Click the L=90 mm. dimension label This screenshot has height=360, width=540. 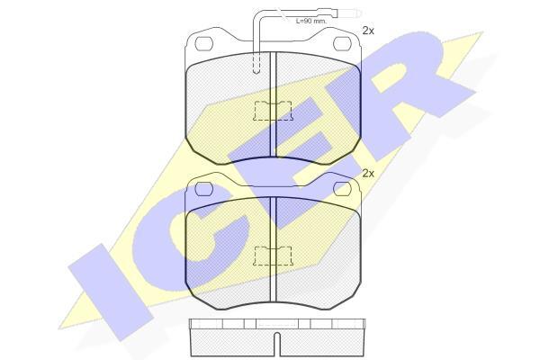[x=311, y=21]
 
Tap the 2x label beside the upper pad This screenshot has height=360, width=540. [x=368, y=31]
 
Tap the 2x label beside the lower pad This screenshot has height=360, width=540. [x=368, y=174]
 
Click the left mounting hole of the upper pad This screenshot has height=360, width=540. [x=204, y=43]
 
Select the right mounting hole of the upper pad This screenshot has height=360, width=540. [x=342, y=42]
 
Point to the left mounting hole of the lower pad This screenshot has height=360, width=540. [x=204, y=189]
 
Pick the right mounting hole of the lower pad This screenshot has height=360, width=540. [x=342, y=189]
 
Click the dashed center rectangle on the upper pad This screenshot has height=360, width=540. [x=273, y=111]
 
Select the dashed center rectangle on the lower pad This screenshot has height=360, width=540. [x=273, y=256]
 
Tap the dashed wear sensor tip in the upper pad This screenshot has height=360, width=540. [x=256, y=63]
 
